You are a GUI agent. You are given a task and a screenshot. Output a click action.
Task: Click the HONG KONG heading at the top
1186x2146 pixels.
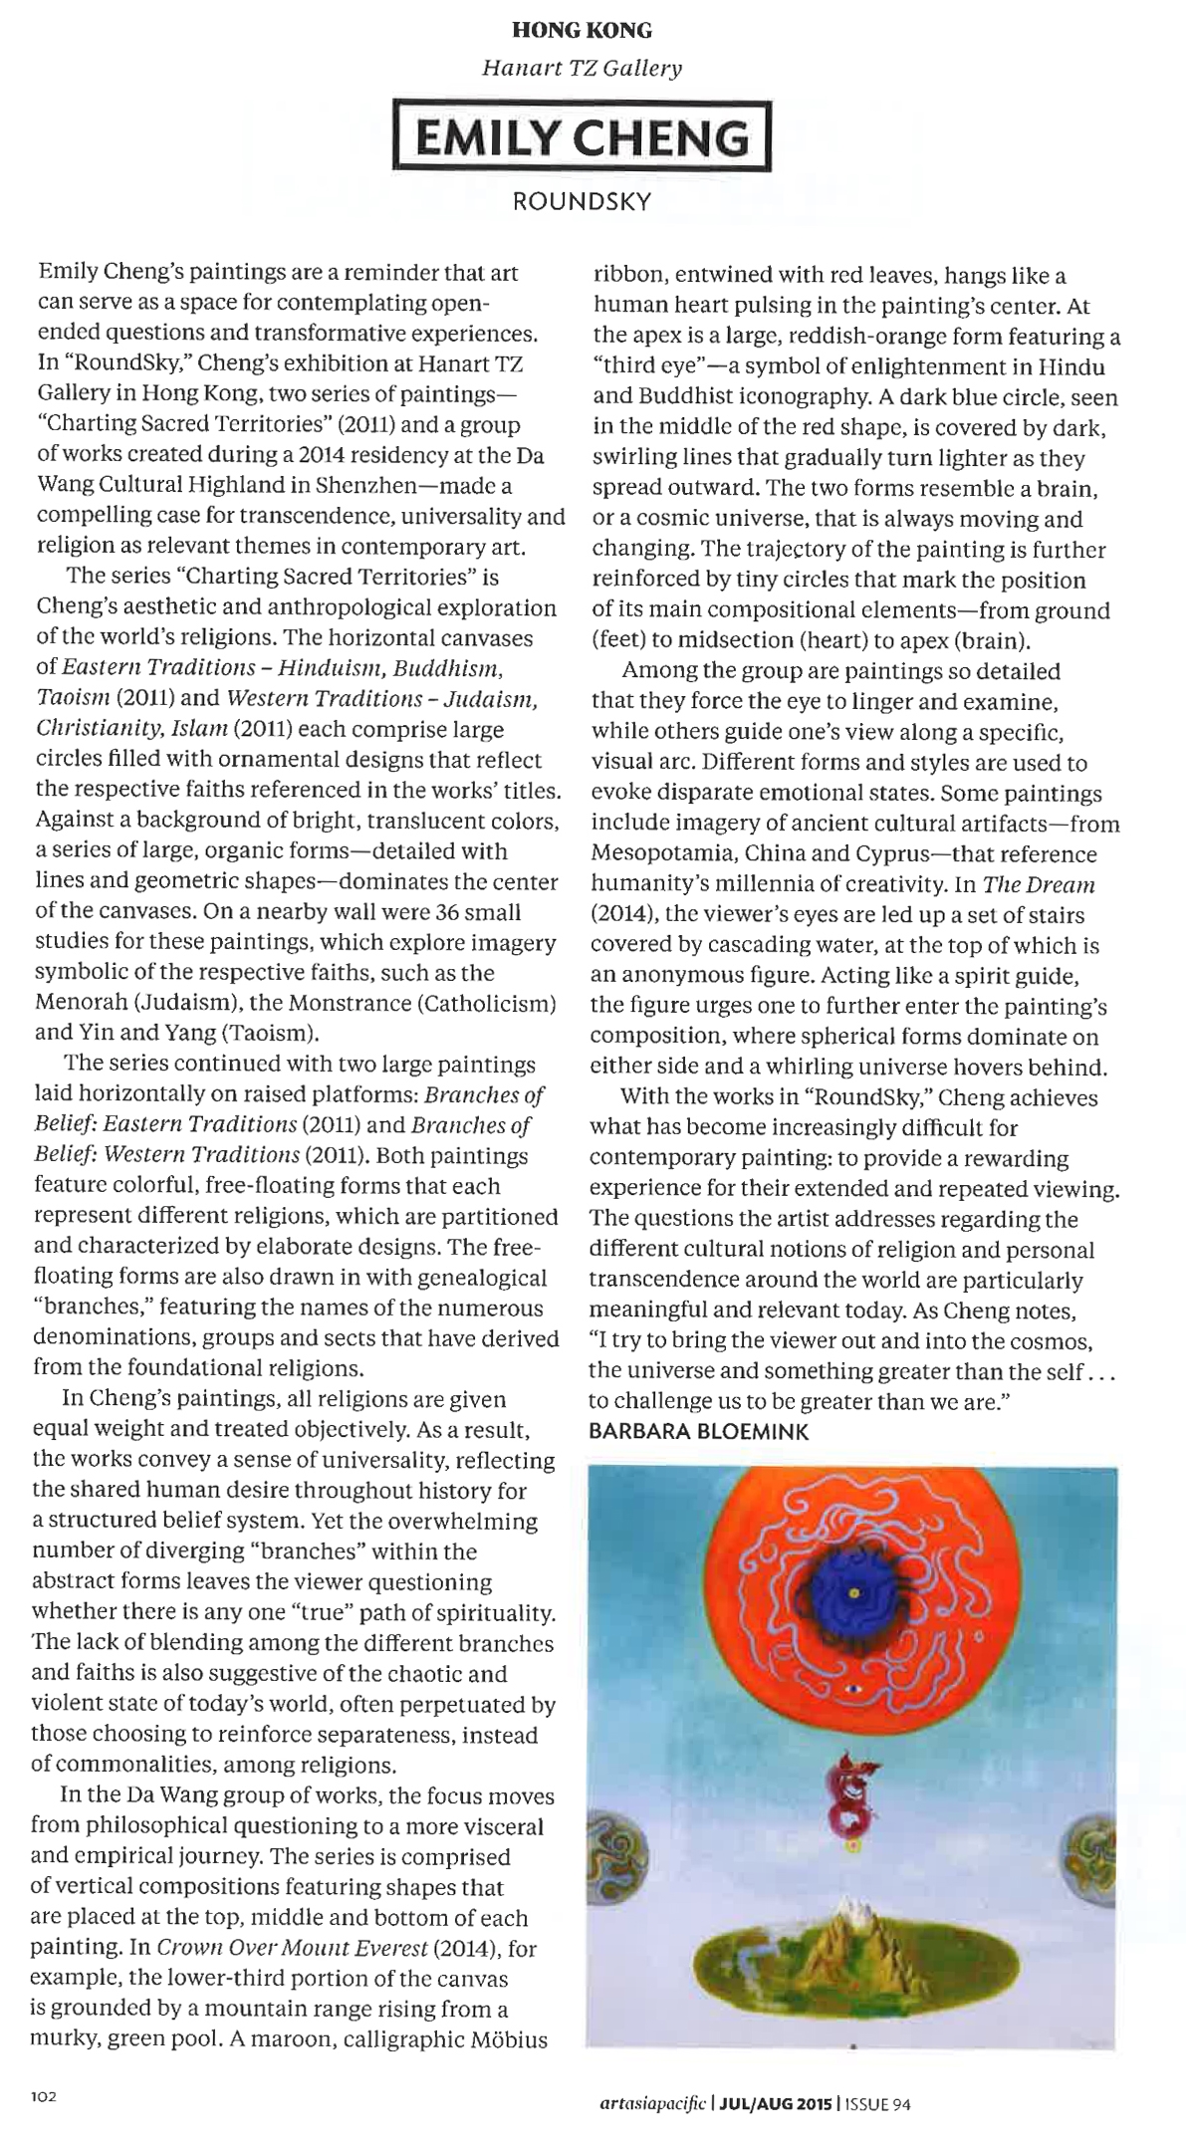tap(582, 31)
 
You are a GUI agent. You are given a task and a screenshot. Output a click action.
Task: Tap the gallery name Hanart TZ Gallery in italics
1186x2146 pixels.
tap(582, 69)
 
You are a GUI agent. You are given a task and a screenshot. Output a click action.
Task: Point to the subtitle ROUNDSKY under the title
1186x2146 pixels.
tap(582, 201)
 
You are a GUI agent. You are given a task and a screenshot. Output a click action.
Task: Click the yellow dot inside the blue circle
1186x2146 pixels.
tap(853, 1593)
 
